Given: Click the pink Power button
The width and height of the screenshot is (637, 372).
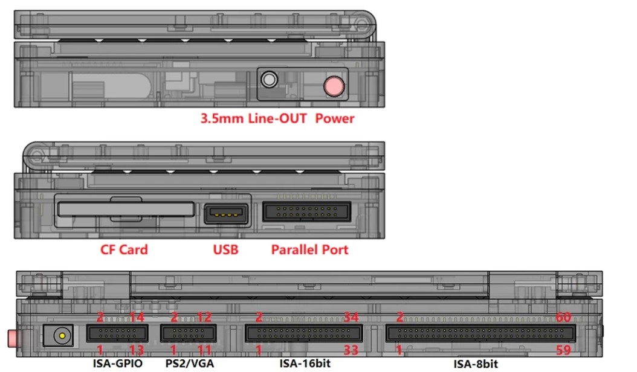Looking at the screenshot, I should pos(334,86).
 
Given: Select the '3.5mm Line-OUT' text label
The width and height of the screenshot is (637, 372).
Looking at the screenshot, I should pos(253,118).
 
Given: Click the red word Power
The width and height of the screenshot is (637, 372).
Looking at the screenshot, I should pos(335,118).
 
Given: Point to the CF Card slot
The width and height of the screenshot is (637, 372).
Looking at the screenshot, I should pos(126,209).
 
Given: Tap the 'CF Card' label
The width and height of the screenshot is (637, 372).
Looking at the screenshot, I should pos(124,249).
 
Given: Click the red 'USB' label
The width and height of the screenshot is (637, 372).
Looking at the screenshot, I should pos(226,249).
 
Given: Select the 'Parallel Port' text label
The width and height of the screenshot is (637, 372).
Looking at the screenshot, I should pos(309,249).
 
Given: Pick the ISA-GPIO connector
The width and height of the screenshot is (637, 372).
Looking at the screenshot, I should pos(117,333).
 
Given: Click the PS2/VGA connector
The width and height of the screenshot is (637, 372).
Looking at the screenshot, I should pos(188,333).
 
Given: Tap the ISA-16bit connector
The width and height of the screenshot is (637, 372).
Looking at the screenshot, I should pos(303,333).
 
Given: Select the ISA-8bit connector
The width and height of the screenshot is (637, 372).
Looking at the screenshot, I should pos(480,333).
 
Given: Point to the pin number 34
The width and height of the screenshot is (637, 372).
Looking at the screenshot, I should pos(351,317).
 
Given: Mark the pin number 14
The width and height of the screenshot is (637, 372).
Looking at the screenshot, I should pos(137,317).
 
